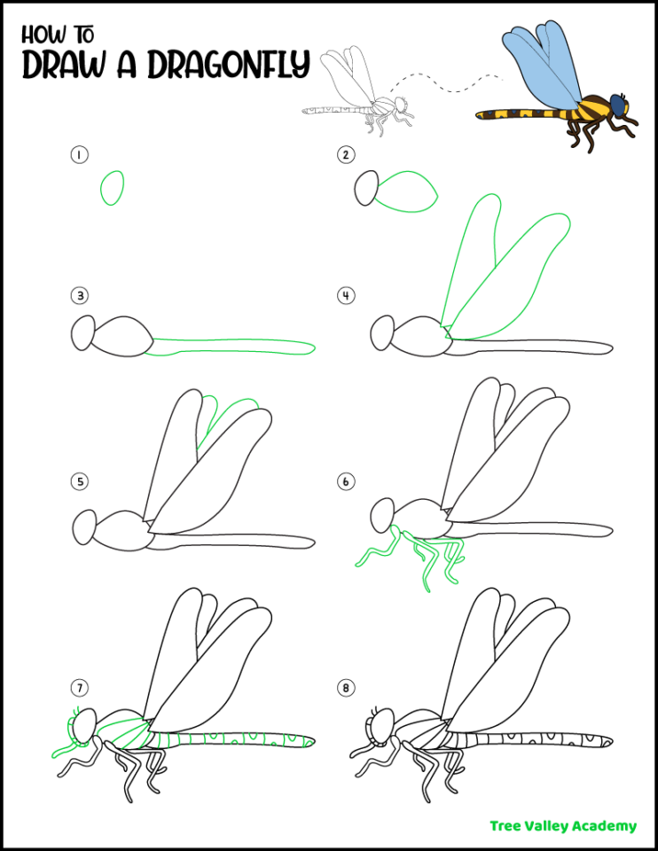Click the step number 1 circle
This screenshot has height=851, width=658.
click(79, 155)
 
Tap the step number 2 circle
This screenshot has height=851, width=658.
click(346, 155)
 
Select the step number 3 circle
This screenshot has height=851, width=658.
click(79, 296)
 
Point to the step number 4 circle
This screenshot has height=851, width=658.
click(346, 296)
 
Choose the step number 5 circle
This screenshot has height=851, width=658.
click(79, 482)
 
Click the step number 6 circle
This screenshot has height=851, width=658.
click(346, 482)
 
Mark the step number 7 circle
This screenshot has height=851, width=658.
click(79, 687)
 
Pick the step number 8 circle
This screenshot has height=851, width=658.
click(346, 687)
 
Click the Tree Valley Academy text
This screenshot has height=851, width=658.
click(563, 825)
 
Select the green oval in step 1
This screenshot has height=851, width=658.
click(113, 188)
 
